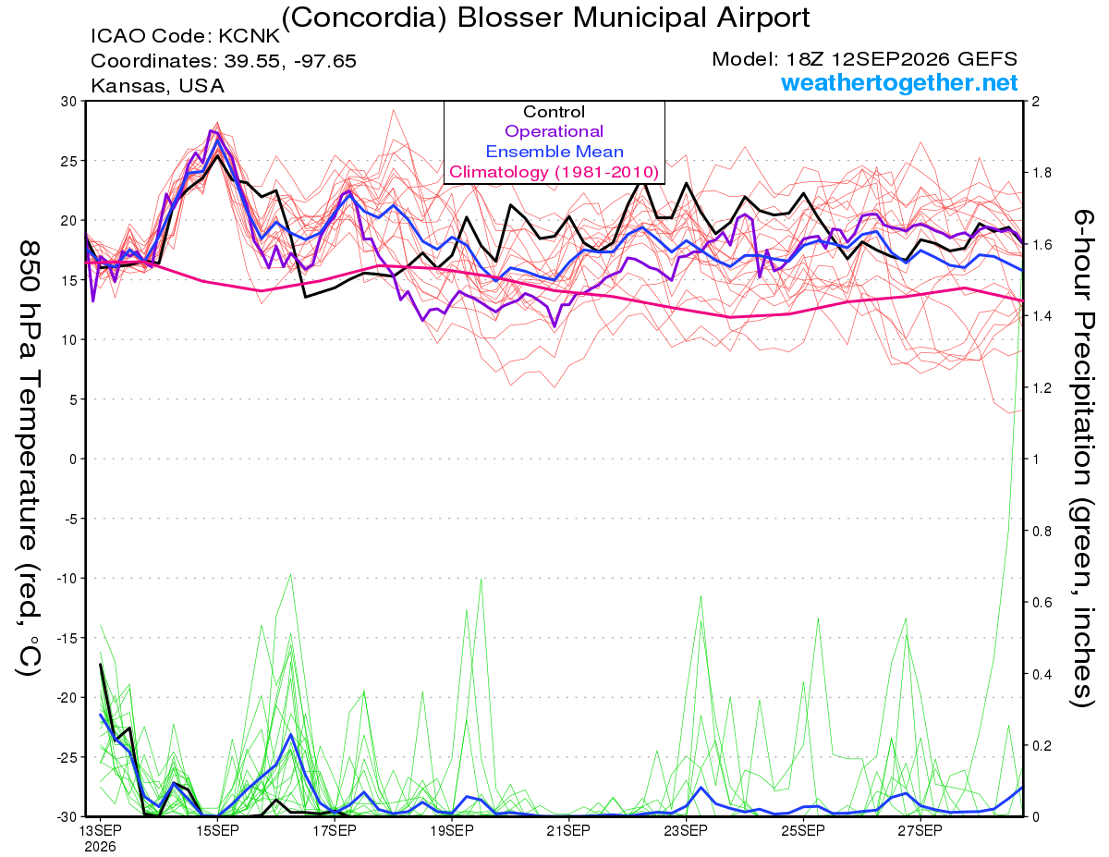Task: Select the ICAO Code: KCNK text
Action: (185, 36)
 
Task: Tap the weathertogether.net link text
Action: (899, 82)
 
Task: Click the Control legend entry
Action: (554, 112)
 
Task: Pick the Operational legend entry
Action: (554, 131)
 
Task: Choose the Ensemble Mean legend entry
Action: (554, 152)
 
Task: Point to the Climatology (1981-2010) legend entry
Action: (554, 172)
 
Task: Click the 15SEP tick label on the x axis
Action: (217, 830)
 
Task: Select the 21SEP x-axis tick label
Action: (568, 830)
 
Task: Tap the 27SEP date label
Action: (920, 830)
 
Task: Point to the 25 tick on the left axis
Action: (68, 161)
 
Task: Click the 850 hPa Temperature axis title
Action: (29, 459)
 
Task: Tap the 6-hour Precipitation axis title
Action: (1081, 458)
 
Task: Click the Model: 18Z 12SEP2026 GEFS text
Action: (864, 59)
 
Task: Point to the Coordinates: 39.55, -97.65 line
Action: (224, 61)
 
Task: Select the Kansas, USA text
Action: (158, 86)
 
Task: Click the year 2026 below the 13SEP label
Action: (100, 847)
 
